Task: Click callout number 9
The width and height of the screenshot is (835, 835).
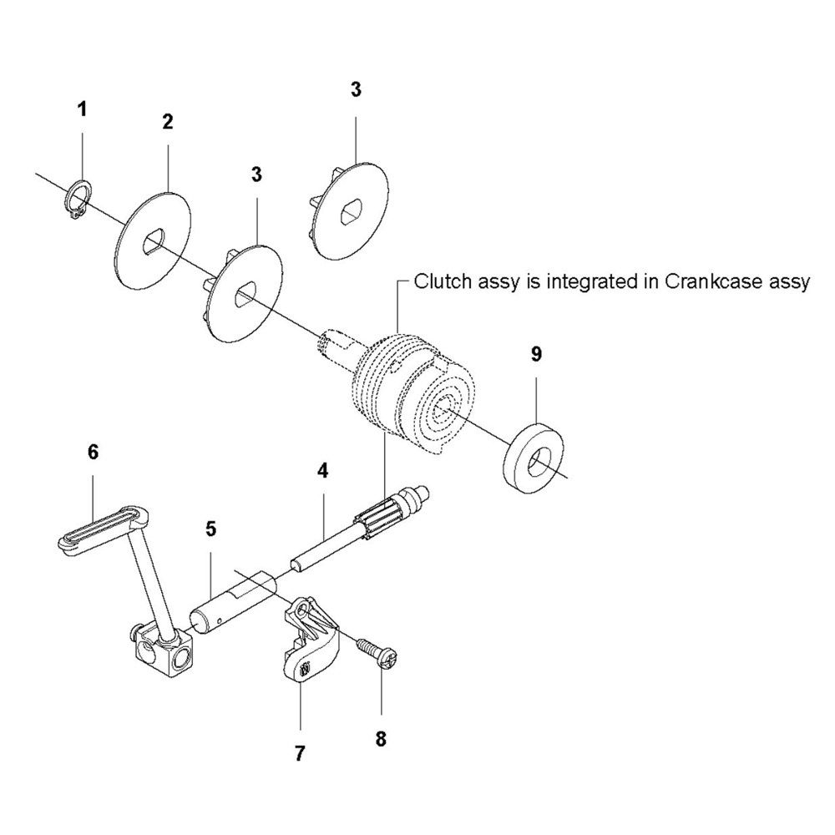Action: coord(536,353)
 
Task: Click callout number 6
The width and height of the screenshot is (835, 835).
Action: coord(93,452)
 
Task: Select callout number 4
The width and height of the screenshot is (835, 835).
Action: coord(322,471)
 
